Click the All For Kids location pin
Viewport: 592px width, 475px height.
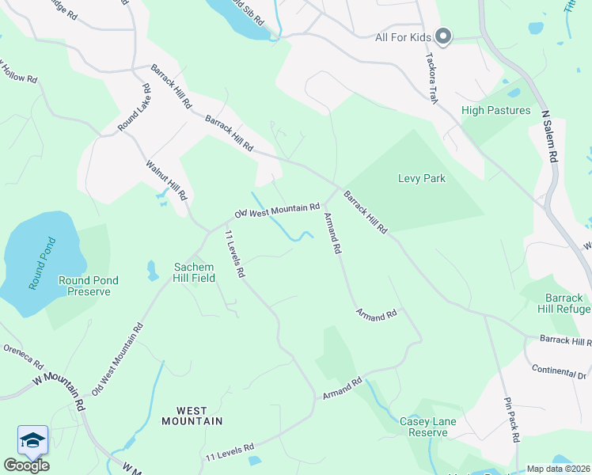443,36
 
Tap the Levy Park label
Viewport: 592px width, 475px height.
421,178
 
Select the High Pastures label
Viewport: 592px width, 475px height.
495,110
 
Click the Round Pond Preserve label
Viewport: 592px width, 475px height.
89,286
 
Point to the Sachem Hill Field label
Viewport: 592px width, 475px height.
195,273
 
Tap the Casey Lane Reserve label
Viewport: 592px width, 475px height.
428,427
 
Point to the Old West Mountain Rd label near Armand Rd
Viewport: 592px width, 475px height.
277,211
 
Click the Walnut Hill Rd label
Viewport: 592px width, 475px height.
166,180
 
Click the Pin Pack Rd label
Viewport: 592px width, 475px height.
510,419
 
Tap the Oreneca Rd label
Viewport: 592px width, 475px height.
23,355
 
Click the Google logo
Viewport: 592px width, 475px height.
26,465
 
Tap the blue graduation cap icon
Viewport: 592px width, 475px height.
32,440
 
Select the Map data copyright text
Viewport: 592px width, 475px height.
558,469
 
